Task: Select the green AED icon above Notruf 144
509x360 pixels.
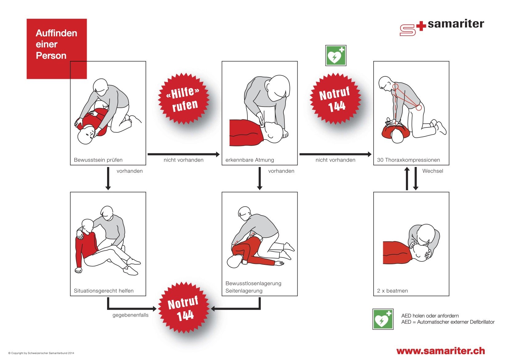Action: tap(336, 55)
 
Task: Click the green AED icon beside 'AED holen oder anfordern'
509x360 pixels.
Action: tap(383, 319)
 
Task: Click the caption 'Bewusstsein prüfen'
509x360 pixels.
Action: tap(98, 160)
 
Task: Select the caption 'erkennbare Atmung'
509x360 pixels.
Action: tap(250, 160)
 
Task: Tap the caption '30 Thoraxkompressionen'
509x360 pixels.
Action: tap(408, 160)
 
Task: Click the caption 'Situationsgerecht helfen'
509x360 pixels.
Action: tap(104, 291)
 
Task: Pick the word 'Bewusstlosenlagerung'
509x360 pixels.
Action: tap(253, 283)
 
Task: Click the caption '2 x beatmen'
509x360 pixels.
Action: tap(392, 291)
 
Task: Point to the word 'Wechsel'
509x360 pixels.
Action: tap(433, 171)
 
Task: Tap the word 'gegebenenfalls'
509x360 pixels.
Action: tap(130, 315)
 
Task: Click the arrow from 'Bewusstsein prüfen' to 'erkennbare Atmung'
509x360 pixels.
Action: tap(184, 154)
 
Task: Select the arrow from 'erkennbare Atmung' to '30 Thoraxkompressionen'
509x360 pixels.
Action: tap(335, 154)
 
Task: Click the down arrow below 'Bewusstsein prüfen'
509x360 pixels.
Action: tap(108, 179)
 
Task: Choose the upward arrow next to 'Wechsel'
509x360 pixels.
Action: tap(407, 179)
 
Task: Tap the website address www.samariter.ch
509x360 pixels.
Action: tap(441, 351)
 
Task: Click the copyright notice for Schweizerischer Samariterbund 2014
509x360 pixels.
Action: tap(41, 353)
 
